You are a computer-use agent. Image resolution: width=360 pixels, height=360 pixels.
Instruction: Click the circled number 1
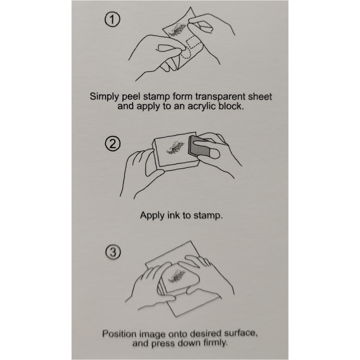click(x=112, y=20)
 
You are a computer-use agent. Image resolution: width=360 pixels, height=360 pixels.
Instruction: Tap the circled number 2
click(x=112, y=144)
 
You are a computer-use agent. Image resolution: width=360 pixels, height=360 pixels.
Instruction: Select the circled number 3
click(x=113, y=252)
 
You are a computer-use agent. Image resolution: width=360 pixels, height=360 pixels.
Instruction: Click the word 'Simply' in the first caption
click(x=104, y=97)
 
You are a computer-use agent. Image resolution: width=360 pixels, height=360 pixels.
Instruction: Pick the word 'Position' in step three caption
click(x=119, y=333)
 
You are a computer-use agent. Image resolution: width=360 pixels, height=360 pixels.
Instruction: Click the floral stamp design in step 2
click(x=175, y=148)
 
